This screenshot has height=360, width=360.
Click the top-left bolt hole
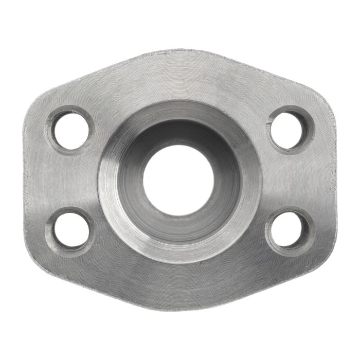click(x=71, y=129)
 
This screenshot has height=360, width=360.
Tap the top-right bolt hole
click(x=289, y=129)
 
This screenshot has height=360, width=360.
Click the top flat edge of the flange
click(x=180, y=51)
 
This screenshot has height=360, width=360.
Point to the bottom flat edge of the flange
click(x=180, y=307)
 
